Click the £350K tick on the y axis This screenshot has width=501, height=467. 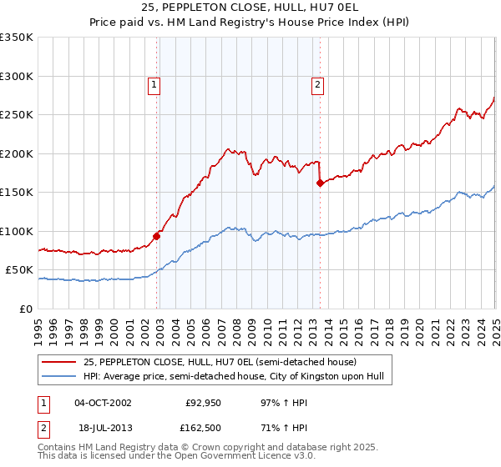(x=17, y=38)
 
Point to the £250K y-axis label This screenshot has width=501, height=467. (x=17, y=115)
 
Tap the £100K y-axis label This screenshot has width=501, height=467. (x=17, y=231)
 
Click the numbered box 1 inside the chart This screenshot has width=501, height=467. (x=155, y=83)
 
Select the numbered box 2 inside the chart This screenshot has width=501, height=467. (x=319, y=83)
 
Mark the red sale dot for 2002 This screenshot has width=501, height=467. (x=157, y=236)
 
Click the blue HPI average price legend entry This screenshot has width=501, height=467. (x=233, y=377)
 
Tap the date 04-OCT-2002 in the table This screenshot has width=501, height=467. (x=103, y=402)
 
